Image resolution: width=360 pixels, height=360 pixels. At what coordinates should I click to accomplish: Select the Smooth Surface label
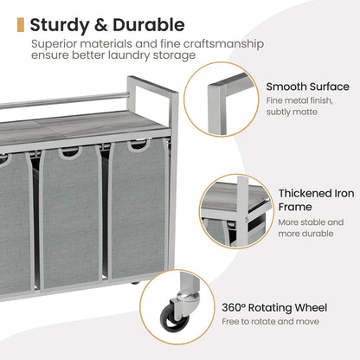click(308, 87)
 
